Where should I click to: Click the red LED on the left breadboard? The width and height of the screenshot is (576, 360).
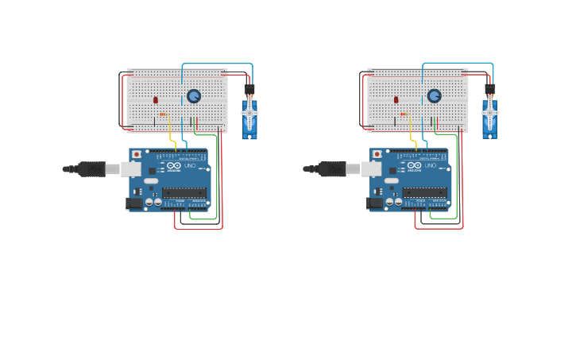(x=155, y=100)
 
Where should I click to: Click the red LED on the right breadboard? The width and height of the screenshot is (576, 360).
(x=396, y=100)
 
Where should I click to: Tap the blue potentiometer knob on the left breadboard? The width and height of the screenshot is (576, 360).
(x=194, y=96)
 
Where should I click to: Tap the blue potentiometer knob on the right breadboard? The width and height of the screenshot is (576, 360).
(x=434, y=96)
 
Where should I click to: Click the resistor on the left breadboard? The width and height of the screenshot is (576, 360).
(x=163, y=114)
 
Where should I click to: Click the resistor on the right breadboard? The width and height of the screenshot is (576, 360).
(x=404, y=114)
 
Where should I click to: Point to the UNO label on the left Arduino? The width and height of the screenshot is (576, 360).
(x=190, y=165)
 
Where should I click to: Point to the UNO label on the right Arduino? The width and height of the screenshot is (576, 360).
(x=431, y=165)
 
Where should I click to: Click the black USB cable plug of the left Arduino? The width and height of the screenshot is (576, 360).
(x=92, y=168)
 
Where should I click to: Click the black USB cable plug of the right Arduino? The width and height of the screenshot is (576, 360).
(x=333, y=168)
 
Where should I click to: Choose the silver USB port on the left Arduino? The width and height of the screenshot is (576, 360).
(x=131, y=168)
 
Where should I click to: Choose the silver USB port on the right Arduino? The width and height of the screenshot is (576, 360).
(x=372, y=168)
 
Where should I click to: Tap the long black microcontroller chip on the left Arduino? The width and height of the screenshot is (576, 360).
(x=184, y=192)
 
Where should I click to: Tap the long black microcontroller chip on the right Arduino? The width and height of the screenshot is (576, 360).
(x=425, y=192)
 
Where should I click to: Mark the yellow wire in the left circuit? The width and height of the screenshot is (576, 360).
(x=172, y=137)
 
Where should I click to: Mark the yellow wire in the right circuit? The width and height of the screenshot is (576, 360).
(x=412, y=137)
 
